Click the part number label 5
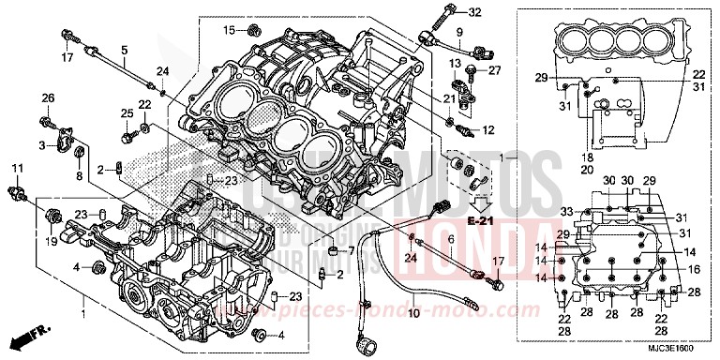(124, 49)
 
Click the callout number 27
(496, 70)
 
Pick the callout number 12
(487, 128)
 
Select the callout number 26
(48, 97)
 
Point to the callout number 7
(351, 251)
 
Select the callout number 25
(125, 113)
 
